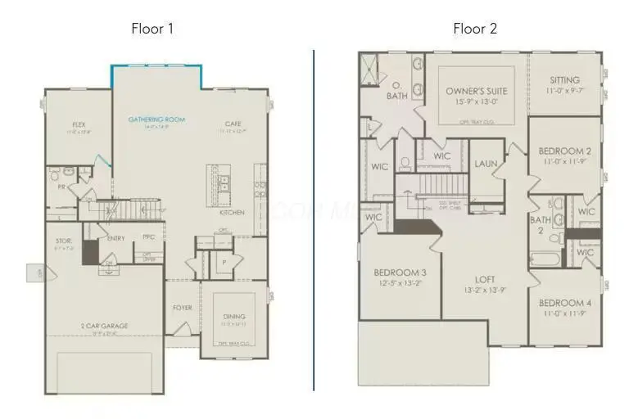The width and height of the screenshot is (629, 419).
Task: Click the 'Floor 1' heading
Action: click(x=152, y=29)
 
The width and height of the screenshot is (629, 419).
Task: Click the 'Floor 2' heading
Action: click(x=475, y=29)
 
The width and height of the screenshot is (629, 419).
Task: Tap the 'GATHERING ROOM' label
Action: click(x=156, y=119)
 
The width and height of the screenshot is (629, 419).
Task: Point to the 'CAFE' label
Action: click(x=233, y=125)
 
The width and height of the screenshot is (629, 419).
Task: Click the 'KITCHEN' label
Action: click(x=232, y=212)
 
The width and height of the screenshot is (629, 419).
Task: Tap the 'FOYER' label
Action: click(x=182, y=309)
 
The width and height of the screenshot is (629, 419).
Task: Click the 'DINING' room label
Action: click(x=234, y=317)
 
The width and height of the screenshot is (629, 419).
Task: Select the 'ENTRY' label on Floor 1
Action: click(x=115, y=238)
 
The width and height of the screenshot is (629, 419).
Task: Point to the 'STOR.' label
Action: click(x=65, y=241)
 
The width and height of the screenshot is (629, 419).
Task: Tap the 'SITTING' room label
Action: click(x=564, y=80)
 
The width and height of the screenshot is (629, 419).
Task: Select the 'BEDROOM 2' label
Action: click(x=564, y=151)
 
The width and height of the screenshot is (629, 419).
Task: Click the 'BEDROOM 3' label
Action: click(x=399, y=273)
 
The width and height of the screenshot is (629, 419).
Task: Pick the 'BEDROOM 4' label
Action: click(x=564, y=303)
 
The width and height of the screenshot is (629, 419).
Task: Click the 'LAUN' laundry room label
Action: click(x=486, y=164)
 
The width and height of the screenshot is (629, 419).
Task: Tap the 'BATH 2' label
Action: click(x=541, y=225)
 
